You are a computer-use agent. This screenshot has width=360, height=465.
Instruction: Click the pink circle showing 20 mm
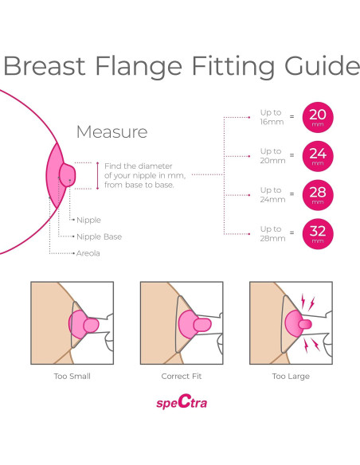[x=318, y=117]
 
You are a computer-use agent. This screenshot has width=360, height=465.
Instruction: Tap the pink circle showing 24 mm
[x=318, y=156]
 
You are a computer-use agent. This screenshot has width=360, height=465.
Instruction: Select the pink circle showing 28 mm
[x=318, y=195]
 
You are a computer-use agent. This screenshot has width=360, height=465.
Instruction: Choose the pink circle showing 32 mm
[x=318, y=234]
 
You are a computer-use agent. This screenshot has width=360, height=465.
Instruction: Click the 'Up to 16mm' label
[x=272, y=117]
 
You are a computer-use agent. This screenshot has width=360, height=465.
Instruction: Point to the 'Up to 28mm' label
[x=272, y=233]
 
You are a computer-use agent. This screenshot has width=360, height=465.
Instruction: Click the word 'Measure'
[x=112, y=132]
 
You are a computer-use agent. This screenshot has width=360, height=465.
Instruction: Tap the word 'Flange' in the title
[x=139, y=66]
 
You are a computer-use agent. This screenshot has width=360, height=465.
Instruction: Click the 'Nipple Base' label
[x=99, y=236]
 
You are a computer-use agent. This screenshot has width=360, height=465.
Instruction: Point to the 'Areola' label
[x=88, y=253]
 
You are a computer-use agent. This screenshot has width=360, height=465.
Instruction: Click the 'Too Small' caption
[x=72, y=377]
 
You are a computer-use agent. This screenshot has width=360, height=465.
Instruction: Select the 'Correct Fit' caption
[x=182, y=377]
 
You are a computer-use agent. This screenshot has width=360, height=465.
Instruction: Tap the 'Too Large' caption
[x=291, y=377]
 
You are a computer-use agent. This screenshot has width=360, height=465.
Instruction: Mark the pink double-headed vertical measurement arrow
[x=97, y=175]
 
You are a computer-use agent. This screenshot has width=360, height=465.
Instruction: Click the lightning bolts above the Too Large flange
[x=307, y=302]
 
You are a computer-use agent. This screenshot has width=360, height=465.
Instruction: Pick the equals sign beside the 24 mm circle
[x=292, y=155]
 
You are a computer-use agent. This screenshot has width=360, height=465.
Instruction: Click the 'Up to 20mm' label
[x=272, y=156]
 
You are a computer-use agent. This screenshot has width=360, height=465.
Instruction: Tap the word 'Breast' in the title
[x=45, y=66]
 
